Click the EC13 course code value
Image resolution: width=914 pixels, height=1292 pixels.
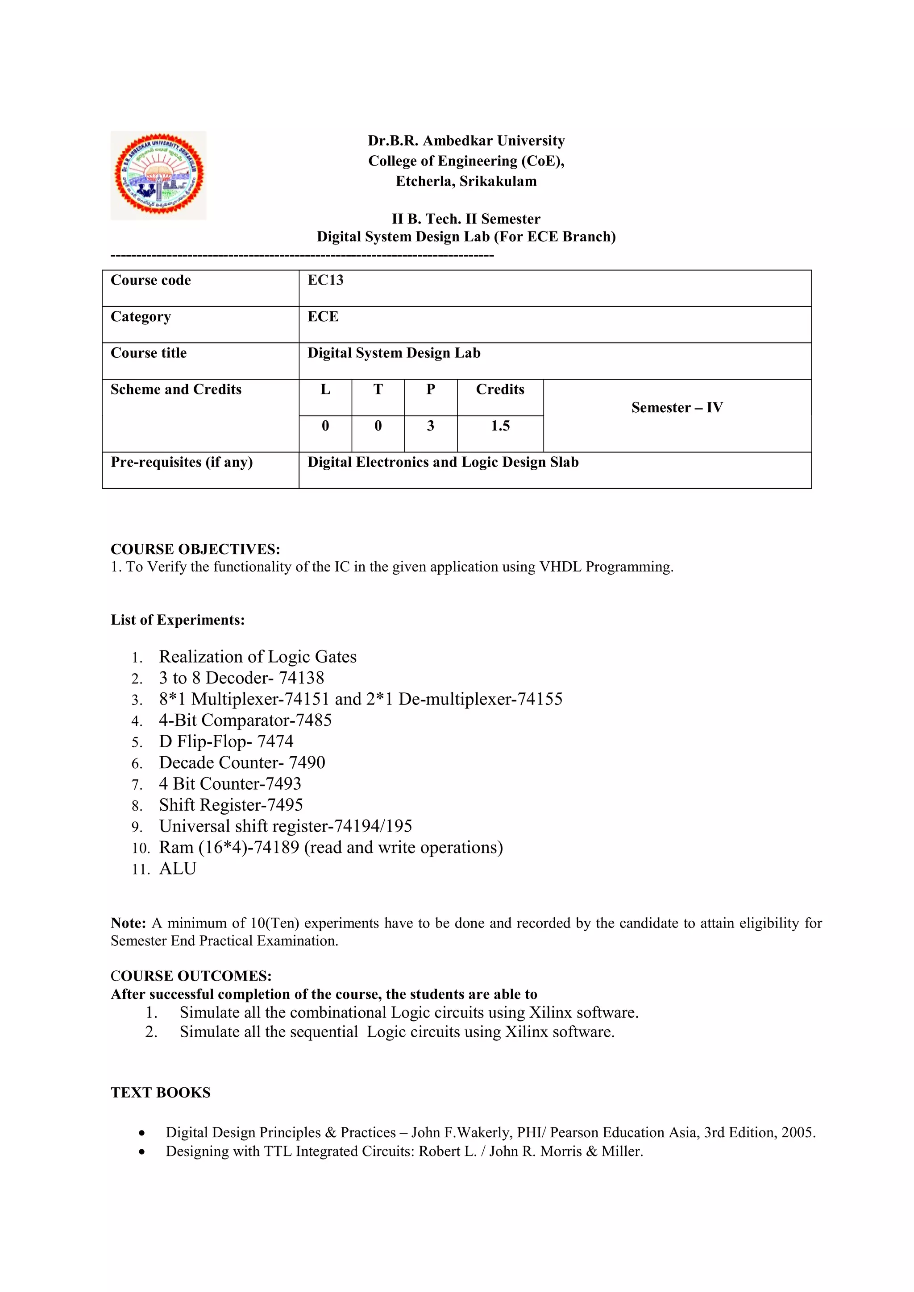point(325,280)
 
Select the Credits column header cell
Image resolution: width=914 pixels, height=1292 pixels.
point(500,389)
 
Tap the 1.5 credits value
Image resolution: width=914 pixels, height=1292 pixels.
point(500,426)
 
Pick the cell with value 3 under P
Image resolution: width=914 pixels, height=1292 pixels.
point(431,426)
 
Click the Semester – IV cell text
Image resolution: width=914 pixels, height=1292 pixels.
point(677,407)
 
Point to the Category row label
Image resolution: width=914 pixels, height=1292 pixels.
point(141,317)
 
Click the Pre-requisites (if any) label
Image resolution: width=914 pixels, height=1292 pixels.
point(181,462)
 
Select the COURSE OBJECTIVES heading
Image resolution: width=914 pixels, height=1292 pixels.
point(195,549)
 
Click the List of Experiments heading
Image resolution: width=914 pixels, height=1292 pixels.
point(177,620)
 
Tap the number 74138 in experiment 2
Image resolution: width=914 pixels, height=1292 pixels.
point(302,678)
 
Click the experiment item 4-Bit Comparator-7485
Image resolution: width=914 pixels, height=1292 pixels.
point(245,720)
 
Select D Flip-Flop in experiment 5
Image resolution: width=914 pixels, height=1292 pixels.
point(204,741)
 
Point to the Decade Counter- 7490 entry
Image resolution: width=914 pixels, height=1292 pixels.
point(242,762)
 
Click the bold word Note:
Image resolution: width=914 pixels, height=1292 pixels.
point(129,923)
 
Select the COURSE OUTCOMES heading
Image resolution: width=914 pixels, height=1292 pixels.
point(191,976)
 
